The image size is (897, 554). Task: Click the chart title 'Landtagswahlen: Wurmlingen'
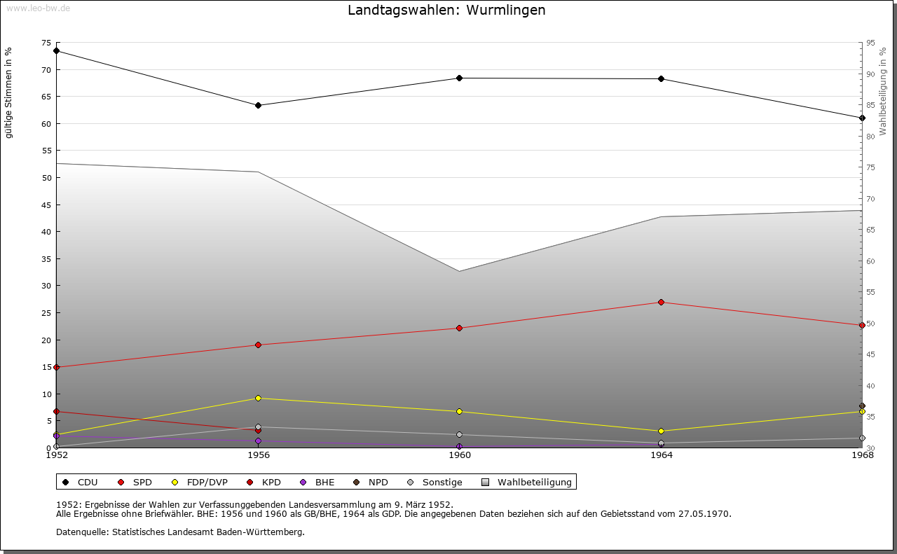pyautogui.click(x=446, y=11)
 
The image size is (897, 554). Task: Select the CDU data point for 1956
pyautogui.click(x=259, y=106)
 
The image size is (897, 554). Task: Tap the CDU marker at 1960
pyautogui.click(x=460, y=78)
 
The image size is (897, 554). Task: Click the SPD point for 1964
pyautogui.click(x=661, y=303)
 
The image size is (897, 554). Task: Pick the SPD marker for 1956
pyautogui.click(x=259, y=345)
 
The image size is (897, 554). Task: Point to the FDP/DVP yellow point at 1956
pyautogui.click(x=259, y=399)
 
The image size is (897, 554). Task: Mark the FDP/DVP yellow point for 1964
pyautogui.click(x=661, y=431)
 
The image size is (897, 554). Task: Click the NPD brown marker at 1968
pyautogui.click(x=862, y=406)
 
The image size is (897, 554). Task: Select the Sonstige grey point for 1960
pyautogui.click(x=460, y=435)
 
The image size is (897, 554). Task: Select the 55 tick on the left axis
pyautogui.click(x=47, y=151)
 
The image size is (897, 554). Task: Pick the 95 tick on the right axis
pyautogui.click(x=870, y=43)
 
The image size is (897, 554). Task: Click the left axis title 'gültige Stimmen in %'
pyautogui.click(x=9, y=93)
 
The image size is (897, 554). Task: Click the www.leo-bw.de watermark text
pyautogui.click(x=38, y=7)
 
